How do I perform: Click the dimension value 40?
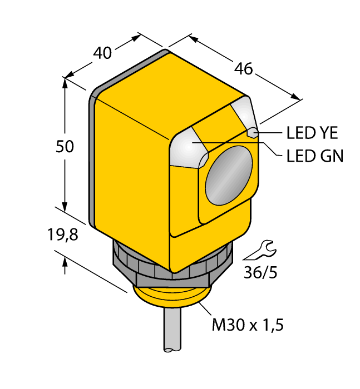pyautogui.click(x=102, y=53)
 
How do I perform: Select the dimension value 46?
pyautogui.click(x=243, y=69)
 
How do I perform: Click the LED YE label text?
pyautogui.click(x=312, y=133)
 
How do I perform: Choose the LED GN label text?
pyautogui.click(x=315, y=156)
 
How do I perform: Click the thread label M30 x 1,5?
pyautogui.click(x=248, y=325)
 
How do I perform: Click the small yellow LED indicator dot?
pyautogui.click(x=252, y=132)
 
